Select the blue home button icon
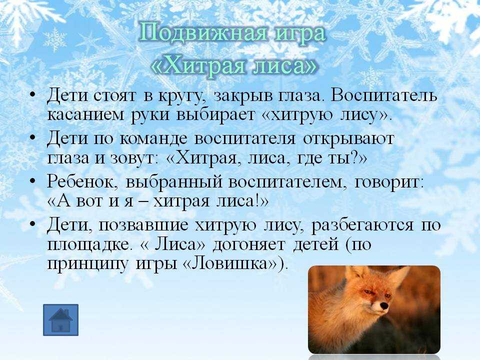(x=60, y=320)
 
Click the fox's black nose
(x=383, y=305)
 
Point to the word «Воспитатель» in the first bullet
(x=383, y=96)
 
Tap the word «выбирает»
(x=215, y=114)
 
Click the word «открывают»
(x=348, y=140)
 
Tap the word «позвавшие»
(x=143, y=225)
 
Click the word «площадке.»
(x=88, y=245)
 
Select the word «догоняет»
(x=249, y=245)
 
